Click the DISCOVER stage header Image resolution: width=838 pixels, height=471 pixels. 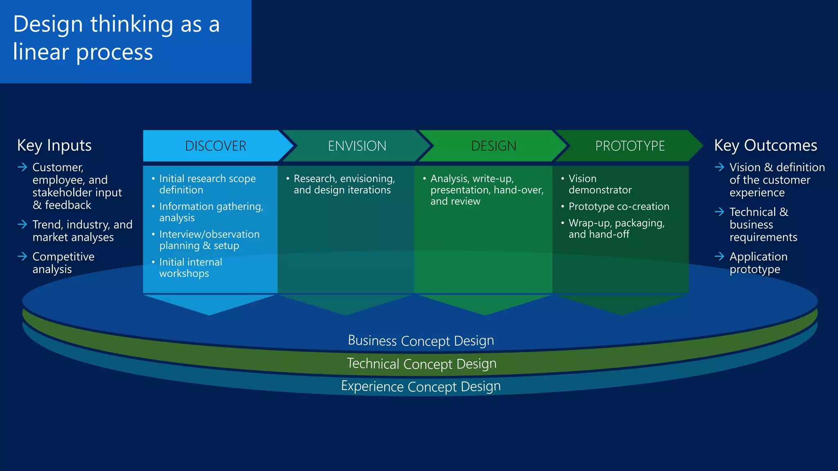coord(216,146)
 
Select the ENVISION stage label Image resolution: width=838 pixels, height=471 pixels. coord(357,146)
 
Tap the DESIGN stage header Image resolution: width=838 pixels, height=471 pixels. coord(493,146)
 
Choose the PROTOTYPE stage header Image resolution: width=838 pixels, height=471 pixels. coord(630,146)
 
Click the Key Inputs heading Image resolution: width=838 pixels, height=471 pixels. coord(54,146)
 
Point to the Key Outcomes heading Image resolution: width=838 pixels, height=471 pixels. coord(765,146)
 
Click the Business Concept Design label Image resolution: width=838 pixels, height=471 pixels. coord(421,341)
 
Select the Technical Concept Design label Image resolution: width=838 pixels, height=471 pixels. coord(421,363)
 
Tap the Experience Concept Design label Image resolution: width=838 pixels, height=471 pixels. coord(421,386)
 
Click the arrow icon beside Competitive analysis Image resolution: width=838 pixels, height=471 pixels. coord(23,257)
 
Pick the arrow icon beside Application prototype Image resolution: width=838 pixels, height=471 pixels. coord(719,257)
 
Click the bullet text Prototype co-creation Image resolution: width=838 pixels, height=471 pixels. coord(619,206)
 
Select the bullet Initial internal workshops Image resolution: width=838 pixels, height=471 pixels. coord(190,268)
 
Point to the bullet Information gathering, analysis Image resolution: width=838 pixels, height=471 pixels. coord(211,212)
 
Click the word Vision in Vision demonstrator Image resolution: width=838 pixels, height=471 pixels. coord(582,179)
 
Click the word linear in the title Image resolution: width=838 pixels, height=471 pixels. coord(41,52)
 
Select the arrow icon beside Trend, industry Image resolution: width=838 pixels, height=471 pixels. coord(23,224)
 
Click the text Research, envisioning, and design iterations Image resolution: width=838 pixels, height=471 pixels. coord(344,184)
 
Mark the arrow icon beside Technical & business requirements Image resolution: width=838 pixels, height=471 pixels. coord(719,212)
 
